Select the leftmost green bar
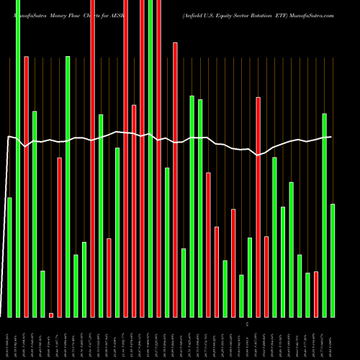coord(9,257)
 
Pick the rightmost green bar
coord(333,260)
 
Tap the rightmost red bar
coord(316,294)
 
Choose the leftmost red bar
coord(26,186)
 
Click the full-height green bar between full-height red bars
coord(150,158)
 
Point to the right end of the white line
coord(331,137)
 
